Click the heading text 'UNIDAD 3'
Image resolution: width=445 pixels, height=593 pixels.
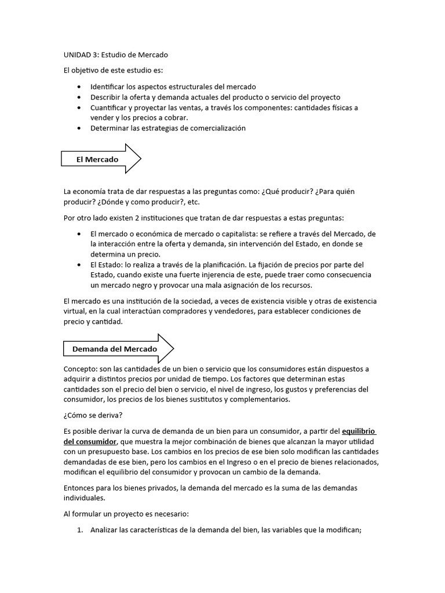(x=80, y=55)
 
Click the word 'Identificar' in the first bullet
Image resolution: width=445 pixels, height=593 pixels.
(x=108, y=87)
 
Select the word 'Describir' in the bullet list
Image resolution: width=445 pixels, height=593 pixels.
(x=105, y=97)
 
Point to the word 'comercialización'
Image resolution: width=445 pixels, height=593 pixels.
(x=217, y=128)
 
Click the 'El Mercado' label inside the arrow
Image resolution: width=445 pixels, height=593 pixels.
(x=97, y=159)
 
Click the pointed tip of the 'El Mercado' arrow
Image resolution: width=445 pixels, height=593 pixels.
(x=140, y=159)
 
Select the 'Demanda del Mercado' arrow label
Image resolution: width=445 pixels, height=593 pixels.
(x=114, y=349)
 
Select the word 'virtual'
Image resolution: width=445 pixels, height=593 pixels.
(x=75, y=311)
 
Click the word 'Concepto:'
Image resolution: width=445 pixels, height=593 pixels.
(x=80, y=369)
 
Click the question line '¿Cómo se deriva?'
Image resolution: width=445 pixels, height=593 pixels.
(x=93, y=416)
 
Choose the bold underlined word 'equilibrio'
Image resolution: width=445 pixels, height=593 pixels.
(x=359, y=431)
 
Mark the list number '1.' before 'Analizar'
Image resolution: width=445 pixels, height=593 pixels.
(x=80, y=529)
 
